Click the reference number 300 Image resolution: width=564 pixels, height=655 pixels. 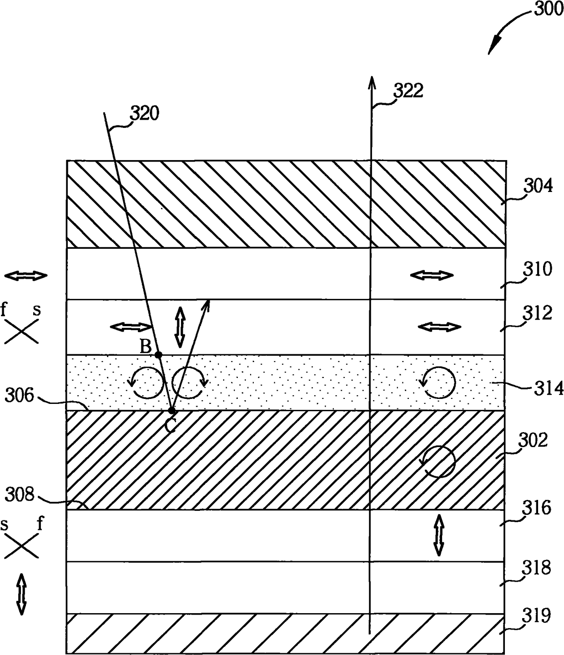coord(549,9)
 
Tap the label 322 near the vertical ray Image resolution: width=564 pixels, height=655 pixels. coord(408,91)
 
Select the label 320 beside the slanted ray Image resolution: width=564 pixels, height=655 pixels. coord(145,113)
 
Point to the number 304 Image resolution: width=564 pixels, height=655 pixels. coord(538,186)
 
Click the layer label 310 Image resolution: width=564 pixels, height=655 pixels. coord(538,269)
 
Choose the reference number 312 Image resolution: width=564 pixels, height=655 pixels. coord(538,313)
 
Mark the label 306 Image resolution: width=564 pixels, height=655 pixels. coord(19,395)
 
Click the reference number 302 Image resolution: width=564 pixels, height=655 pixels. coord(533,440)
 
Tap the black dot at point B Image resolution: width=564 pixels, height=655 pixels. coord(158,355)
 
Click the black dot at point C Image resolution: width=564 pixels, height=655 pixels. coord(171,411)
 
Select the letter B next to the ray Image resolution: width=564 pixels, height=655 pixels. coord(146,347)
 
